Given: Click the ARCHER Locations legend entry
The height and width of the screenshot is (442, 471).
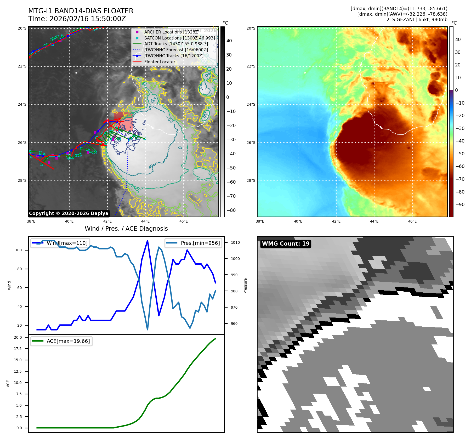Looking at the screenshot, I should click(172, 32).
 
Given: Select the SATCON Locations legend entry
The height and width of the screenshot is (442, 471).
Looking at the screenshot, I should click(179, 38).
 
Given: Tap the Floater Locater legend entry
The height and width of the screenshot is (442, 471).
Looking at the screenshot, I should click(160, 62).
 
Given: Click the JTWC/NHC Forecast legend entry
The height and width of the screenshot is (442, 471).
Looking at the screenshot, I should click(176, 50).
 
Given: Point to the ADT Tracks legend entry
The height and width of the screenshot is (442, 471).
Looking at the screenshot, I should click(176, 44).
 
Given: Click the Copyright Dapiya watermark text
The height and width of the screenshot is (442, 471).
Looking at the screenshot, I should click(69, 213).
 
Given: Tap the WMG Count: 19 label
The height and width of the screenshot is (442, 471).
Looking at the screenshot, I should click(286, 244).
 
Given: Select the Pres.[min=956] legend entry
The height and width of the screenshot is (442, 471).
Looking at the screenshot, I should click(200, 243).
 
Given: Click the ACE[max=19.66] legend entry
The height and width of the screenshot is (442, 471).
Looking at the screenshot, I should click(68, 341).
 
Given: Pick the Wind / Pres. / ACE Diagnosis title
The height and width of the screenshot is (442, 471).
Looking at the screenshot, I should click(126, 229).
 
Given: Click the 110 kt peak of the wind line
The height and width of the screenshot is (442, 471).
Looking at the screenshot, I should click(147, 241).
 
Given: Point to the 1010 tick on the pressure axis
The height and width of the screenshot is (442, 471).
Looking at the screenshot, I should click(235, 242).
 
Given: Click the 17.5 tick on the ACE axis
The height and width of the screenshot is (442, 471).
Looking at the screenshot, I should click(18, 349).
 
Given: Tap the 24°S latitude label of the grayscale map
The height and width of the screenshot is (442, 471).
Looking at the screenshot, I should click(22, 104).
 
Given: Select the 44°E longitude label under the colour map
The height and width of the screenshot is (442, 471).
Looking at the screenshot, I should click(374, 221).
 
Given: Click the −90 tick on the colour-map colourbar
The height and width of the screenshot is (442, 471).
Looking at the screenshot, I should click(460, 205).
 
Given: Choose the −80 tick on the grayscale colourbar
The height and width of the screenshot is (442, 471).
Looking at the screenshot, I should click(231, 210).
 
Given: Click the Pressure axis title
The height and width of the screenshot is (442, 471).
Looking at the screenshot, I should click(245, 286).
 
